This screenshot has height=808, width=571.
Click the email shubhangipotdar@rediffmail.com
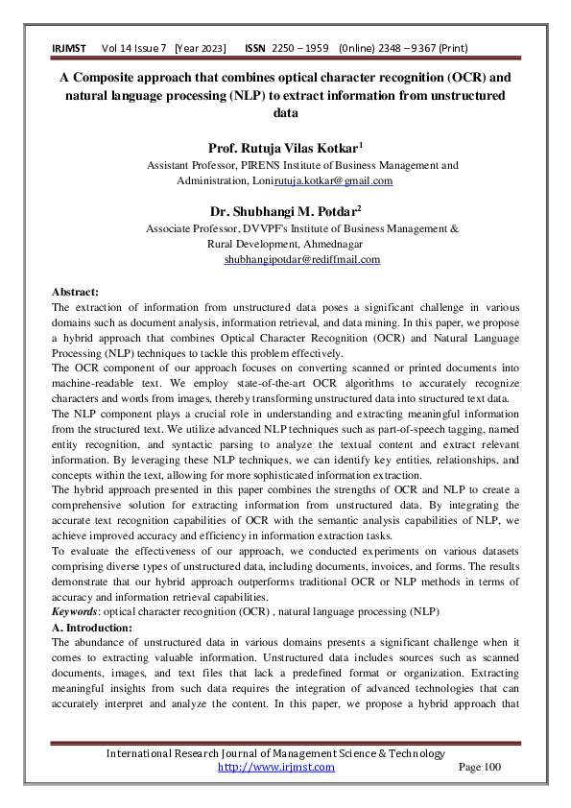click(302, 259)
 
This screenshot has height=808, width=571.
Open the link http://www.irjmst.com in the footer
click(276, 767)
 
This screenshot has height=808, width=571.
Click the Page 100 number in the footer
click(480, 767)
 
